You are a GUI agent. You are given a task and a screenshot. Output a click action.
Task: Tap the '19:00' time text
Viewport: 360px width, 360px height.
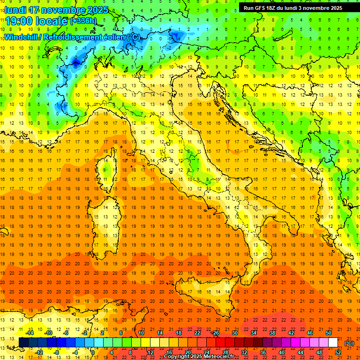click(x=19, y=21)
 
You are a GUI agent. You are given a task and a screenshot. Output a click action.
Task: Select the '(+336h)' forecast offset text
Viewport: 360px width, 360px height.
click(x=83, y=21)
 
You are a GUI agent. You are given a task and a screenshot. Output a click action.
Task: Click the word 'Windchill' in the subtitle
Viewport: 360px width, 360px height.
click(x=22, y=37)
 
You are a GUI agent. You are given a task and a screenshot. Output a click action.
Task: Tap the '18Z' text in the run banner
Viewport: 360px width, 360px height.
click(x=274, y=7)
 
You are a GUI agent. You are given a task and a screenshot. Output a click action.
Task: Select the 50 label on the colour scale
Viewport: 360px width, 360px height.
click(x=329, y=333)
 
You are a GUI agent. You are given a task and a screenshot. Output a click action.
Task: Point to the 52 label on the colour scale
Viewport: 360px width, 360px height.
click(x=338, y=352)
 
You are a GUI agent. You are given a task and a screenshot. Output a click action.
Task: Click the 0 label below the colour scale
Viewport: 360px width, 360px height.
click(x=93, y=352)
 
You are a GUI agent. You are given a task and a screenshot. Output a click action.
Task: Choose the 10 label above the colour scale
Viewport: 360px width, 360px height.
click(x=141, y=333)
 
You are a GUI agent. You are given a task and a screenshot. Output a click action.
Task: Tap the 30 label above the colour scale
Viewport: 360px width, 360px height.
click(x=234, y=333)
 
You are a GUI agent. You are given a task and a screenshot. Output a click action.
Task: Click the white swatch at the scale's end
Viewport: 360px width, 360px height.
click(x=333, y=343)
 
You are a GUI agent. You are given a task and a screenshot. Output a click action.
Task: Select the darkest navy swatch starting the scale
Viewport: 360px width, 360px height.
click(x=23, y=343)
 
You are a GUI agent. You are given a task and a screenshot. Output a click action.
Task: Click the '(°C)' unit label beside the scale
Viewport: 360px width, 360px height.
click(x=349, y=343)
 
